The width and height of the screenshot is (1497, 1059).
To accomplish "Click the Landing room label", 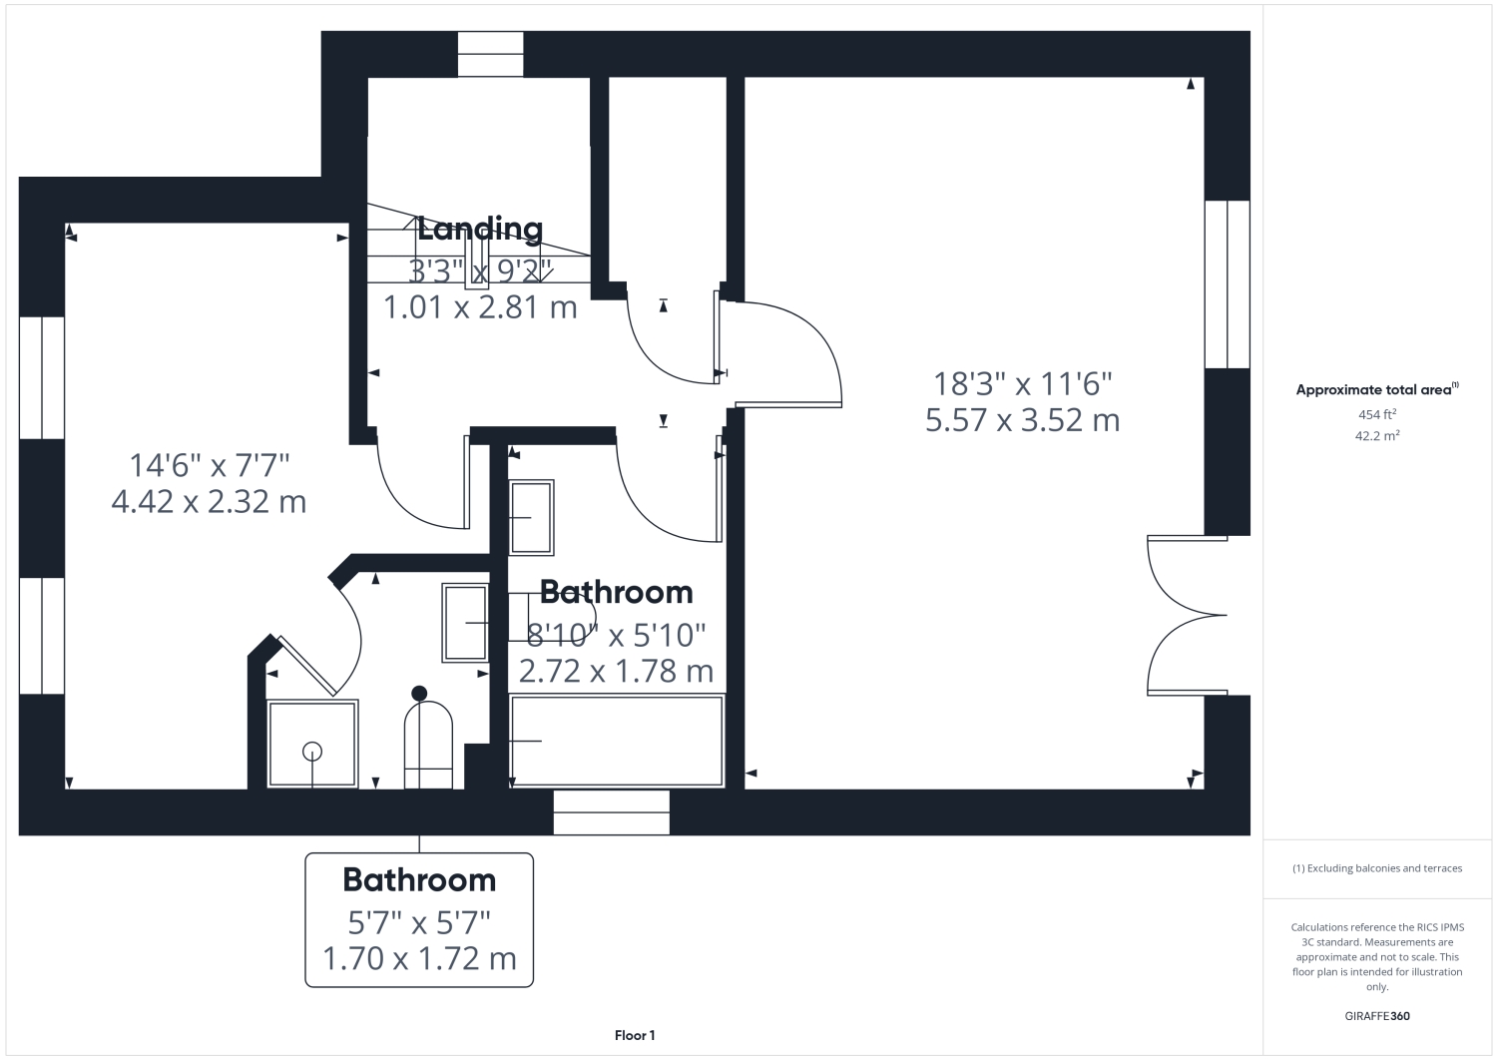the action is pyautogui.click(x=480, y=230).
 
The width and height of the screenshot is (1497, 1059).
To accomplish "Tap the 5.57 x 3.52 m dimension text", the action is pyautogui.click(x=1023, y=420).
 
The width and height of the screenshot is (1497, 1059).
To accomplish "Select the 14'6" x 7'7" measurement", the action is pyautogui.click(x=210, y=465).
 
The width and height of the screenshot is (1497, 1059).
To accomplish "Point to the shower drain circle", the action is pyautogui.click(x=312, y=752).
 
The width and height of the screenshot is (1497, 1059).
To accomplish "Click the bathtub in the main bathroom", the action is pyautogui.click(x=617, y=741).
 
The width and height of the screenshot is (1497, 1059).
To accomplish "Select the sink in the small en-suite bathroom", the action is pyautogui.click(x=465, y=623).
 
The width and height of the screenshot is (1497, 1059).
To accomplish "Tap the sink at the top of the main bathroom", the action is pyautogui.click(x=531, y=517).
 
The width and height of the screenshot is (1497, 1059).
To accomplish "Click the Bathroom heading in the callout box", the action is pyautogui.click(x=420, y=879).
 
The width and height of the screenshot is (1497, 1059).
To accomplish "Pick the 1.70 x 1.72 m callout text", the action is pyautogui.click(x=420, y=958).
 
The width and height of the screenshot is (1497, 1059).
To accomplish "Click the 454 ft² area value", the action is pyautogui.click(x=1377, y=414).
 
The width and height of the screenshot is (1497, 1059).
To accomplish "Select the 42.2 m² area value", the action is pyautogui.click(x=1377, y=436).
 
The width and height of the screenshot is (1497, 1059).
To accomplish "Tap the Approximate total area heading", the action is pyautogui.click(x=1377, y=390).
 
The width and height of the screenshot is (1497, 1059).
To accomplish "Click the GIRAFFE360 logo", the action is pyautogui.click(x=1377, y=1016).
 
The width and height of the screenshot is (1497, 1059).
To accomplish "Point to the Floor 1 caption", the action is pyautogui.click(x=635, y=1036).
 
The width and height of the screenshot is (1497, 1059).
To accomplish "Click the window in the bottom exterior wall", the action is pyautogui.click(x=612, y=812).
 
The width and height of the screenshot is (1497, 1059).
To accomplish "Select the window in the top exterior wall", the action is pyautogui.click(x=491, y=54).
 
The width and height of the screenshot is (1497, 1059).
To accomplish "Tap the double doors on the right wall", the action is pyautogui.click(x=1188, y=615).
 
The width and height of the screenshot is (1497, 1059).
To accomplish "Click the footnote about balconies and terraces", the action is pyautogui.click(x=1377, y=868).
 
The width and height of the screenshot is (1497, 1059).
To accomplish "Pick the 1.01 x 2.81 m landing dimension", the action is pyautogui.click(x=480, y=307).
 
